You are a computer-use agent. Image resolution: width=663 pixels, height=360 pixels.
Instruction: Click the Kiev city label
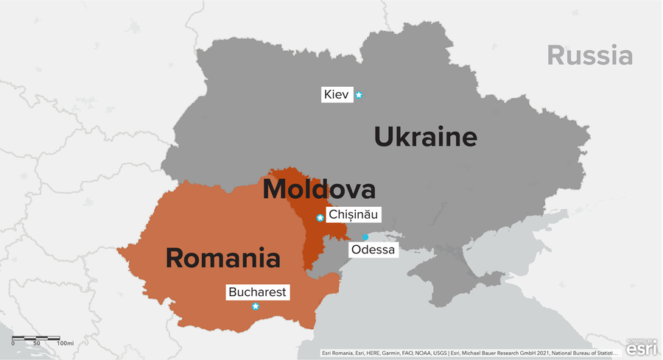(x=336, y=95)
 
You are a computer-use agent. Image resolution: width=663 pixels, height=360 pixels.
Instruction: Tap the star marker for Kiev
(x=359, y=95)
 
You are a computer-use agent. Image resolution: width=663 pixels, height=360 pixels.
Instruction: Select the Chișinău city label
(x=353, y=216)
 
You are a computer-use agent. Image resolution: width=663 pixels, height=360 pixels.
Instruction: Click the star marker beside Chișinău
(x=320, y=218)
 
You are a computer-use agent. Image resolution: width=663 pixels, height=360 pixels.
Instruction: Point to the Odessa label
(x=373, y=250)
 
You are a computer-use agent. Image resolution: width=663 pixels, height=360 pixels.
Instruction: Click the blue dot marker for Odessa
(x=365, y=236)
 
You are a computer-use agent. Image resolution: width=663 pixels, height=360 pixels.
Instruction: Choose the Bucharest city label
(x=257, y=292)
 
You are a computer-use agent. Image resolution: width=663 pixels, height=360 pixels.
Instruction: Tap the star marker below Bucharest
(x=256, y=306)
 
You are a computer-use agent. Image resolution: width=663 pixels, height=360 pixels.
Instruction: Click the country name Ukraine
(x=425, y=138)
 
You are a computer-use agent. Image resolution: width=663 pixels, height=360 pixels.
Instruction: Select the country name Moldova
(x=319, y=190)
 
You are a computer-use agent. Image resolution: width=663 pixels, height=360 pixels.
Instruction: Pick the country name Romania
(x=222, y=258)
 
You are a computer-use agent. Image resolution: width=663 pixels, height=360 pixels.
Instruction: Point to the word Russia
(x=589, y=55)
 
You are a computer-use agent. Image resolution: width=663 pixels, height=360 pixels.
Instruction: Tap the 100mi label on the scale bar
(x=65, y=344)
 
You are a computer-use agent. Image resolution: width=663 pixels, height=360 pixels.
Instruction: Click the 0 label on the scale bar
(x=13, y=344)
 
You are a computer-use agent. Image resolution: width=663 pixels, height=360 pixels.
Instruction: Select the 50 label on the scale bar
(x=36, y=344)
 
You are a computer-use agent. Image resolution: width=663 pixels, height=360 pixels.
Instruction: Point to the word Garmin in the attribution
(x=399, y=353)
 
